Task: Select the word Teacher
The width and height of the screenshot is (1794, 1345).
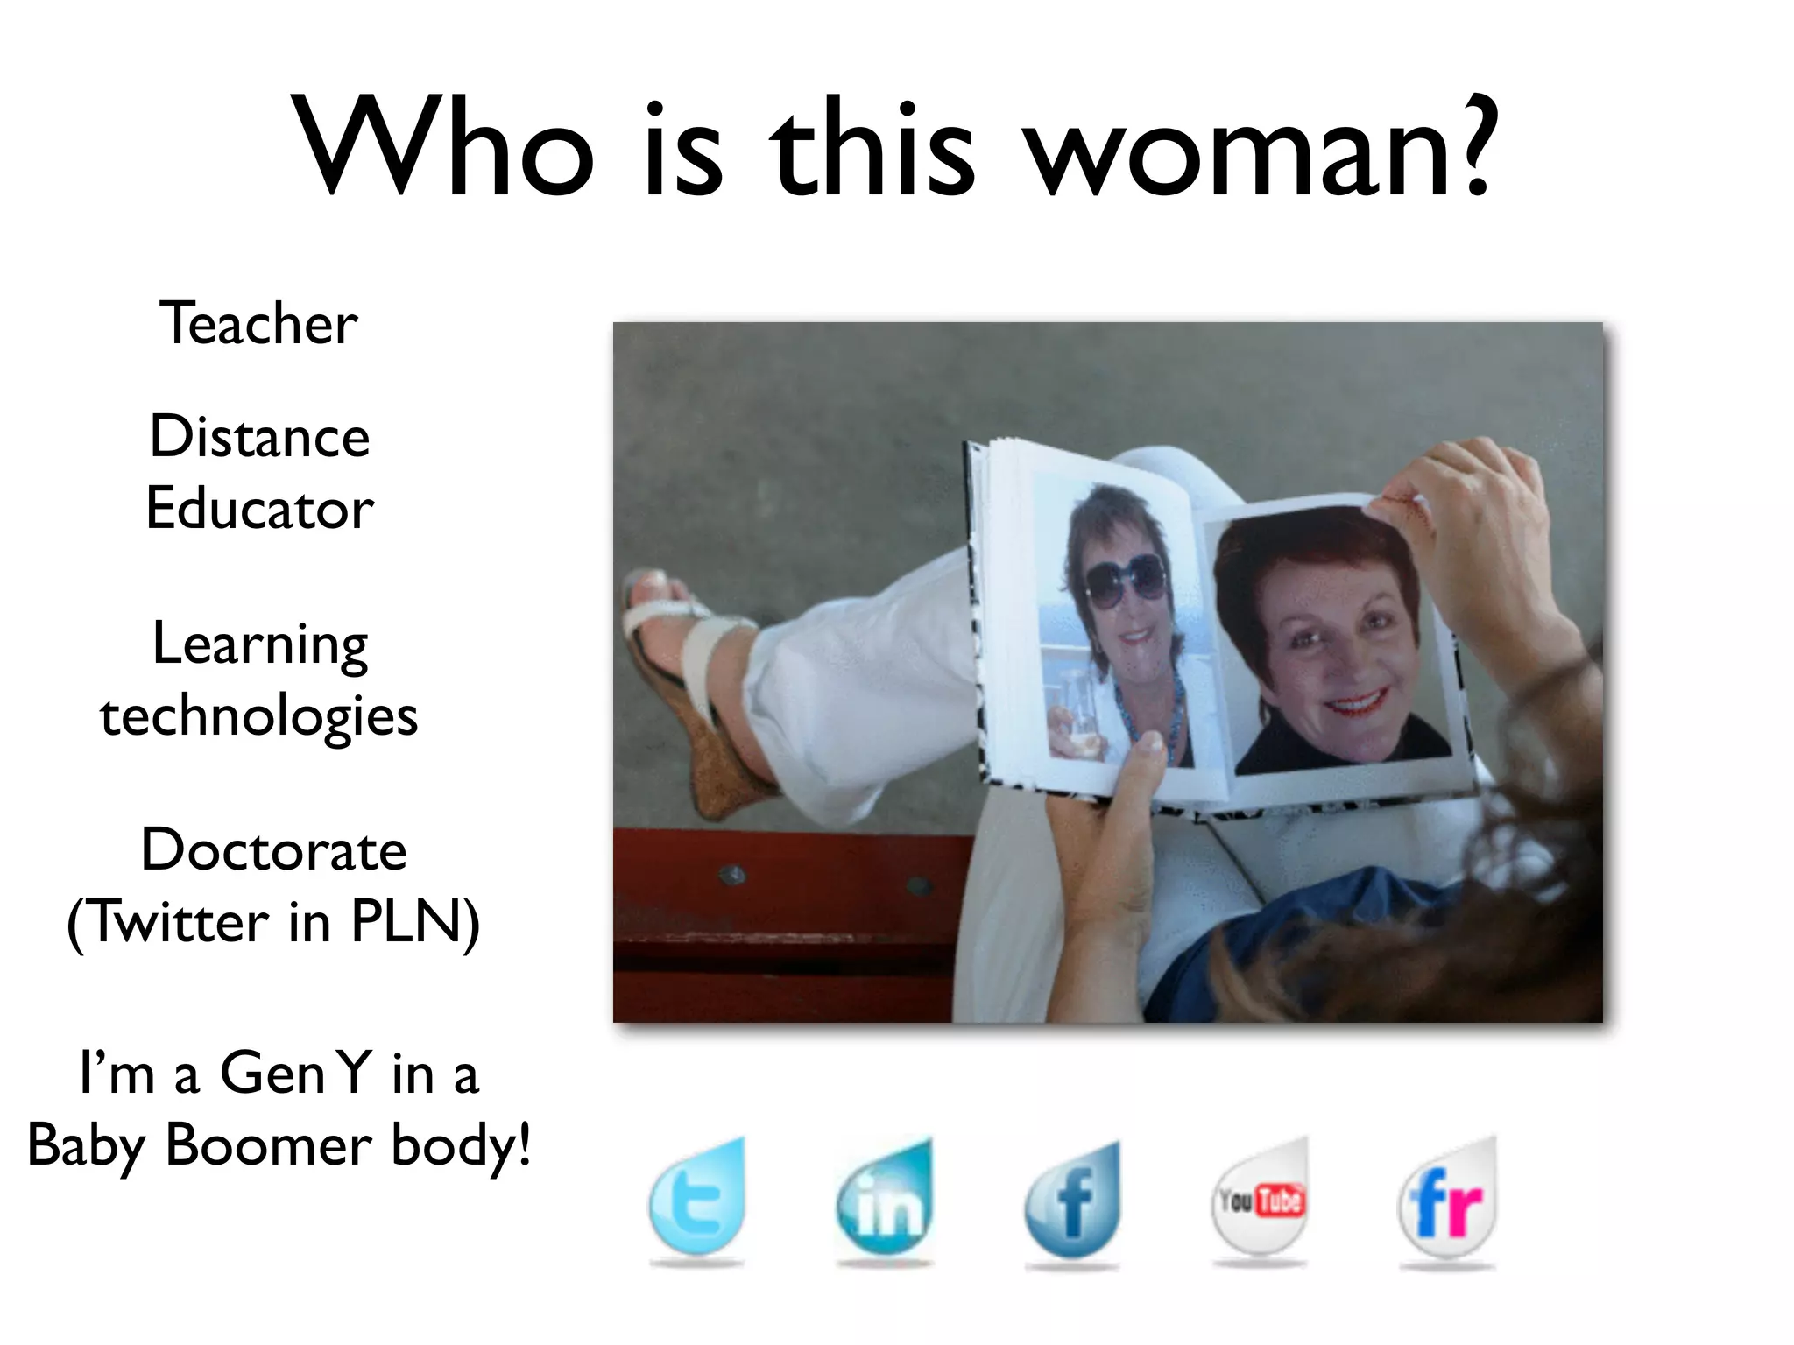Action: tap(258, 324)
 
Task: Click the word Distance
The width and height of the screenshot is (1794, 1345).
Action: tap(260, 437)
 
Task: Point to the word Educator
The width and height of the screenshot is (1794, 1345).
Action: tap(260, 510)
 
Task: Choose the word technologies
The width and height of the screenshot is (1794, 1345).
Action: tap(259, 716)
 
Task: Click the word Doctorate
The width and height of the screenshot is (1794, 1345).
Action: tap(274, 850)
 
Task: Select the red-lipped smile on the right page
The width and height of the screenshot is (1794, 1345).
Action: tap(1355, 701)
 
